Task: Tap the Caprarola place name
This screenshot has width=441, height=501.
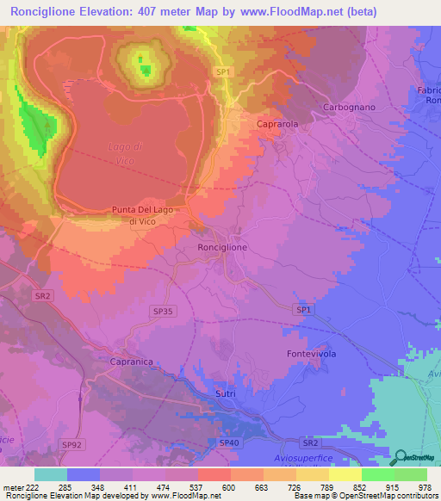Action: [277, 124]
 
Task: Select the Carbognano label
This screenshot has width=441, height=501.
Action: [348, 107]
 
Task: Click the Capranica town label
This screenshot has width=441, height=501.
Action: [131, 362]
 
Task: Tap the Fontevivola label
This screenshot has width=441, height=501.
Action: [310, 354]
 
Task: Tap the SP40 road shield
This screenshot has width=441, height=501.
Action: [228, 442]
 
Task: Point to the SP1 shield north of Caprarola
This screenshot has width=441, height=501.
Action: [222, 72]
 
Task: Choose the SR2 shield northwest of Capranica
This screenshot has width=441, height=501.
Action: [43, 294]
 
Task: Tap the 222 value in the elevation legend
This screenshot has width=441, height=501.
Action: [33, 486]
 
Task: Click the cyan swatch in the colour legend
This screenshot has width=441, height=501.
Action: [51, 474]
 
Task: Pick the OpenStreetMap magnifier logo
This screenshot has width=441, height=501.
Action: [399, 456]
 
